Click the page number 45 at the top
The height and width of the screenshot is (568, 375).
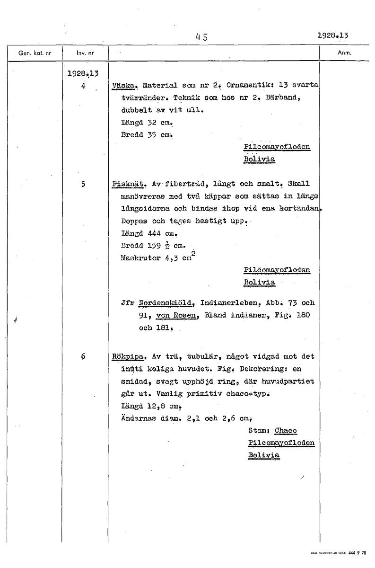pos(201,36)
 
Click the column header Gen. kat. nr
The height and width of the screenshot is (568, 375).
pos(31,53)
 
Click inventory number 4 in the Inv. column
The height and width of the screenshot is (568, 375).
pos(83,87)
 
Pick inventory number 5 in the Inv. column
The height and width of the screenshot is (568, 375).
pos(83,184)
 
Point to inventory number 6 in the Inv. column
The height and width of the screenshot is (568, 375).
pos(83,356)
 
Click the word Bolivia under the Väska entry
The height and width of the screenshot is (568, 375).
pos(259,159)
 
